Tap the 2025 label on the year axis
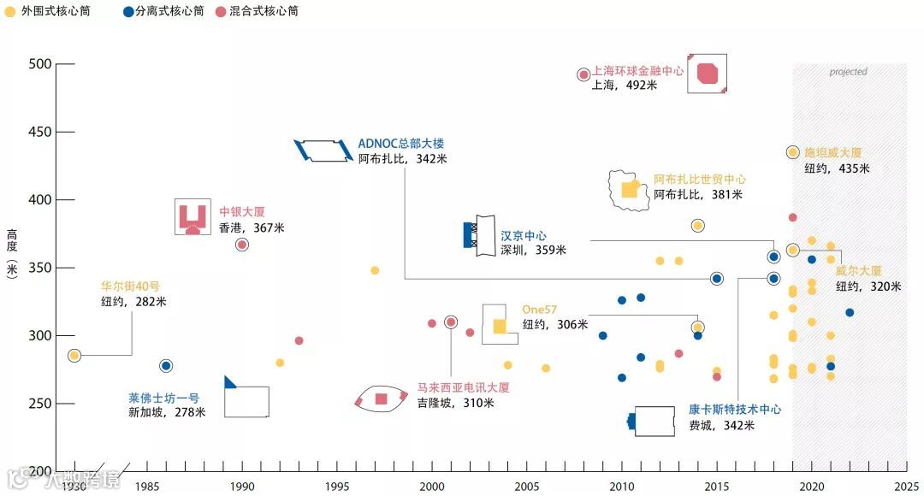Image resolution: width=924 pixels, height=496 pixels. pyautogui.click(x=906, y=487)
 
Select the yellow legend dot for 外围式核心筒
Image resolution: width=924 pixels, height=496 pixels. pyautogui.click(x=9, y=12)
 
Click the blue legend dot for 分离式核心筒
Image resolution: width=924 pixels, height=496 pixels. pyautogui.click(x=127, y=12)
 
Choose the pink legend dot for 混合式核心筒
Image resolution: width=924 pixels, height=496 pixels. pyautogui.click(x=221, y=12)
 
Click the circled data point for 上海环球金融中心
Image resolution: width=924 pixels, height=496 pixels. pyautogui.click(x=583, y=74)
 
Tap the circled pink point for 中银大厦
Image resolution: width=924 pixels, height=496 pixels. pyautogui.click(x=242, y=245)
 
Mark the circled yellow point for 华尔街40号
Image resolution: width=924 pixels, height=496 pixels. pyautogui.click(x=74, y=355)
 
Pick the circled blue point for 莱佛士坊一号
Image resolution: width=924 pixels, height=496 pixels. pyautogui.click(x=166, y=366)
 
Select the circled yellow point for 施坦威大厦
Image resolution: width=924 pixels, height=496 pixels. pyautogui.click(x=792, y=152)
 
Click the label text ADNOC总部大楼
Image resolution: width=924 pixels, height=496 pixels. pyautogui.click(x=401, y=144)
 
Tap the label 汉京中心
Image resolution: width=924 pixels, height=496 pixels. pyautogui.click(x=523, y=235)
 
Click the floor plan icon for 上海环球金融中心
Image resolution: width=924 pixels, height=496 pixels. pyautogui.click(x=707, y=74)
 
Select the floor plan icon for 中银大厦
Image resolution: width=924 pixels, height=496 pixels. pyautogui.click(x=192, y=217)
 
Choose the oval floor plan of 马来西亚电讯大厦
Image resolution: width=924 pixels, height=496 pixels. pyautogui.click(x=380, y=399)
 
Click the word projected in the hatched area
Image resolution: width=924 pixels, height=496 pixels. pyautogui.click(x=848, y=72)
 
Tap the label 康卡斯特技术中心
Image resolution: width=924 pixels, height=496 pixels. pyautogui.click(x=735, y=410)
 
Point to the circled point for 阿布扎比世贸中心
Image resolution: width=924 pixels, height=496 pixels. pyautogui.click(x=697, y=226)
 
